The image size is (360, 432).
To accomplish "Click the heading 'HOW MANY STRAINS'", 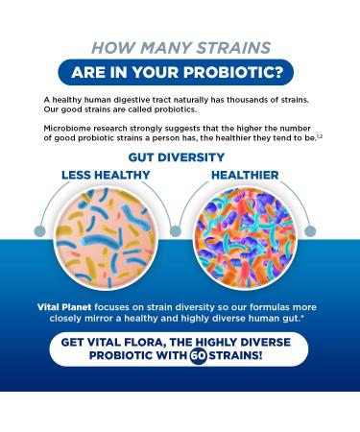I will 180,47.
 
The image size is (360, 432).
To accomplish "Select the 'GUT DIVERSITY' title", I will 180,157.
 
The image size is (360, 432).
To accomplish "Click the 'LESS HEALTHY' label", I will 106,176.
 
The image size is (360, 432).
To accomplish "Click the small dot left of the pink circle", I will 37,231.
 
